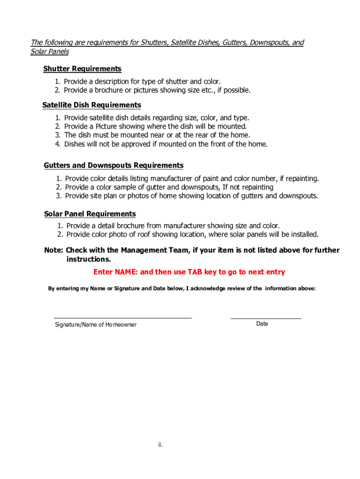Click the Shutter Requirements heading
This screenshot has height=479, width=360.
[x=82, y=69]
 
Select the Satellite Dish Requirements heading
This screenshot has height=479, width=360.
[x=92, y=105]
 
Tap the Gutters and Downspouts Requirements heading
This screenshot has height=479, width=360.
[x=114, y=166]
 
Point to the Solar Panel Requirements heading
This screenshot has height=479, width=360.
[x=90, y=214]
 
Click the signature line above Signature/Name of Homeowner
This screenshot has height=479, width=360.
[x=122, y=318]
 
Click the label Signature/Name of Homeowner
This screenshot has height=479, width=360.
[x=96, y=325]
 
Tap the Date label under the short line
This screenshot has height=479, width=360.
[x=262, y=324]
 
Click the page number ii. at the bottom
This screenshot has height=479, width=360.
[x=160, y=445]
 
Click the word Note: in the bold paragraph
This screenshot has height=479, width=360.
[x=54, y=251]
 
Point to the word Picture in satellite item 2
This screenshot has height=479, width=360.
[x=108, y=127]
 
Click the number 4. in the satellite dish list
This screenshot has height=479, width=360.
[x=58, y=144]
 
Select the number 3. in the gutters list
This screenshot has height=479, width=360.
[x=59, y=196]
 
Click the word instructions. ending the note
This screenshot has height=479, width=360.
[x=89, y=260]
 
